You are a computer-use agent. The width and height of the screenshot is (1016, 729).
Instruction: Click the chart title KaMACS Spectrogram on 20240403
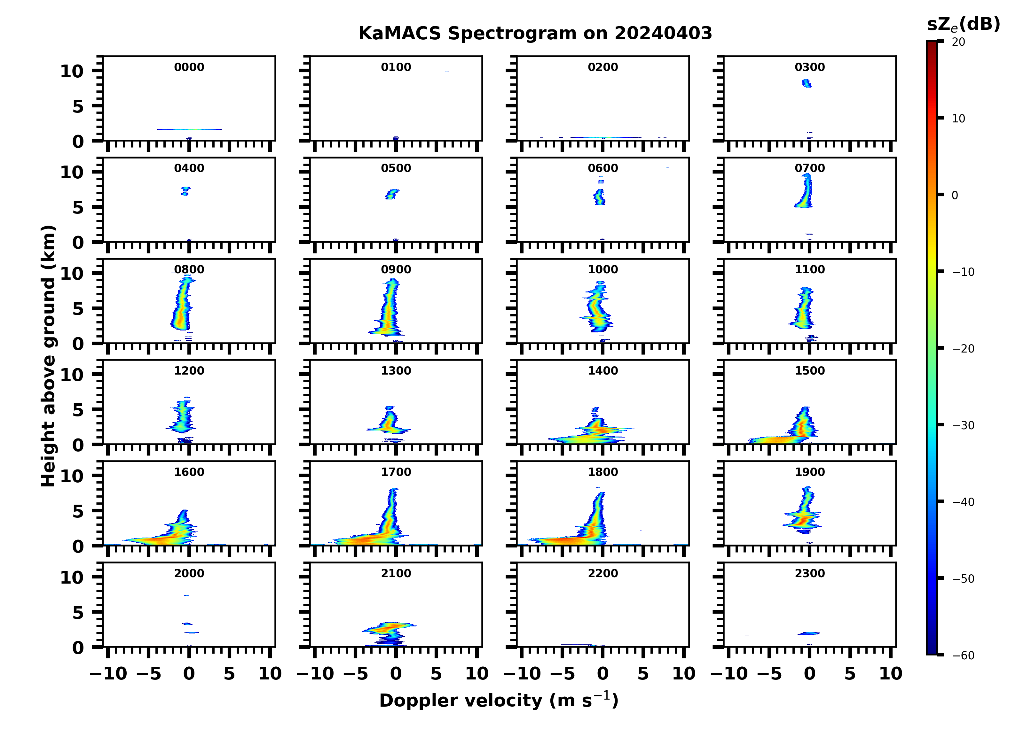click(x=535, y=34)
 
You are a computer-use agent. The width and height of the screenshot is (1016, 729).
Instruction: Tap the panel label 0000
click(x=189, y=67)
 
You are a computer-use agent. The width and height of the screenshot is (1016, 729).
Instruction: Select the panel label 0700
click(x=809, y=168)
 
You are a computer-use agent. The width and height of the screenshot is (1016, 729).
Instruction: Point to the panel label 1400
click(x=603, y=371)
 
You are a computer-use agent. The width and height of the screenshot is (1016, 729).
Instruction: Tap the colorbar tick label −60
click(x=963, y=655)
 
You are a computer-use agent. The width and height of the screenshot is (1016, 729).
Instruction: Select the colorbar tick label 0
click(x=955, y=196)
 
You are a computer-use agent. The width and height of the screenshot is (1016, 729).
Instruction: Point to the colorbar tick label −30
click(x=963, y=425)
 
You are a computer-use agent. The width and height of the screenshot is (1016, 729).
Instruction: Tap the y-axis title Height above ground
click(x=48, y=356)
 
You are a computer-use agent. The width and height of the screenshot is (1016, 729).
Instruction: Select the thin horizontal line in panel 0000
click(x=189, y=129)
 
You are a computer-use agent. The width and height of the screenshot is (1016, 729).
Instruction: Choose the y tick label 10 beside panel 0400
click(x=72, y=172)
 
